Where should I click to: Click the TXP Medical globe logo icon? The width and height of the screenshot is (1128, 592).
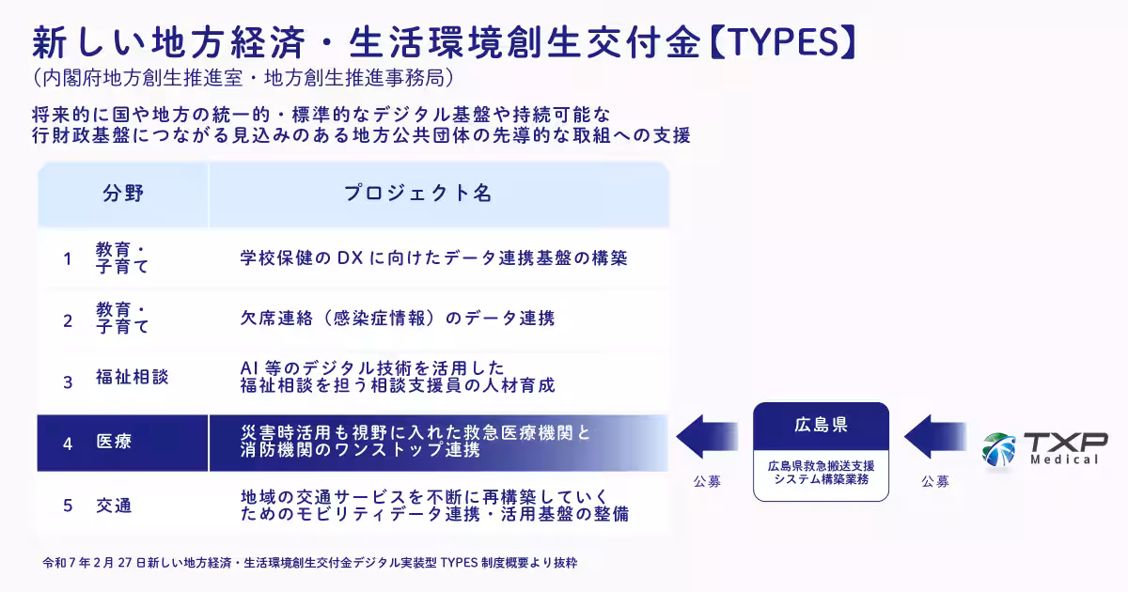point(998,449)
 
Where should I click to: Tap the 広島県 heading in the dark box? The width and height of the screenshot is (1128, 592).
point(821,425)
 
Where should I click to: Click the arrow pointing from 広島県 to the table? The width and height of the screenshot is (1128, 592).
point(707,436)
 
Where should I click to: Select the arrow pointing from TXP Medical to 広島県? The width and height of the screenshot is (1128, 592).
point(934,436)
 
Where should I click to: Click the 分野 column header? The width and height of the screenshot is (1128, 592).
point(123,194)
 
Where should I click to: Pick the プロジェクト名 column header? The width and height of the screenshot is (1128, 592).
point(417,194)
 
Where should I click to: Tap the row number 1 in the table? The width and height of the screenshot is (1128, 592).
point(68,258)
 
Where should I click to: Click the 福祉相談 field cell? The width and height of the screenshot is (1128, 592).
point(132,377)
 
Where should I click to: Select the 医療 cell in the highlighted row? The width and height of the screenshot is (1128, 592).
point(114,442)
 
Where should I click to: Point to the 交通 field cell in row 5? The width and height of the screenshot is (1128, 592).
point(114,506)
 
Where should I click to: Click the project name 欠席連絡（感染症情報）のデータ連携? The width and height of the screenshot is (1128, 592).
point(398,319)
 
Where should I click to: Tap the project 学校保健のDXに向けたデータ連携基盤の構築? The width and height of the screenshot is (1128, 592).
point(433,258)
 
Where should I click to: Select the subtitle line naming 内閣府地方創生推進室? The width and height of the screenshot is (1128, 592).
point(243,78)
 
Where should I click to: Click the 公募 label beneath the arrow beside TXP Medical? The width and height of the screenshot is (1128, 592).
point(935,482)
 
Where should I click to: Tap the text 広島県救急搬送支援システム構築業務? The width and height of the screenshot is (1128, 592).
point(821,473)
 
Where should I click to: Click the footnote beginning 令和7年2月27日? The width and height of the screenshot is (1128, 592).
point(309,563)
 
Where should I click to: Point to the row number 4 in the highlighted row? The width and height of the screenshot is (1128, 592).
point(68,444)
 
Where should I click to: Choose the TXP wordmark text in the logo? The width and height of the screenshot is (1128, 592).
point(1066,443)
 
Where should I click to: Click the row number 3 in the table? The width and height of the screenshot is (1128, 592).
point(68,382)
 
